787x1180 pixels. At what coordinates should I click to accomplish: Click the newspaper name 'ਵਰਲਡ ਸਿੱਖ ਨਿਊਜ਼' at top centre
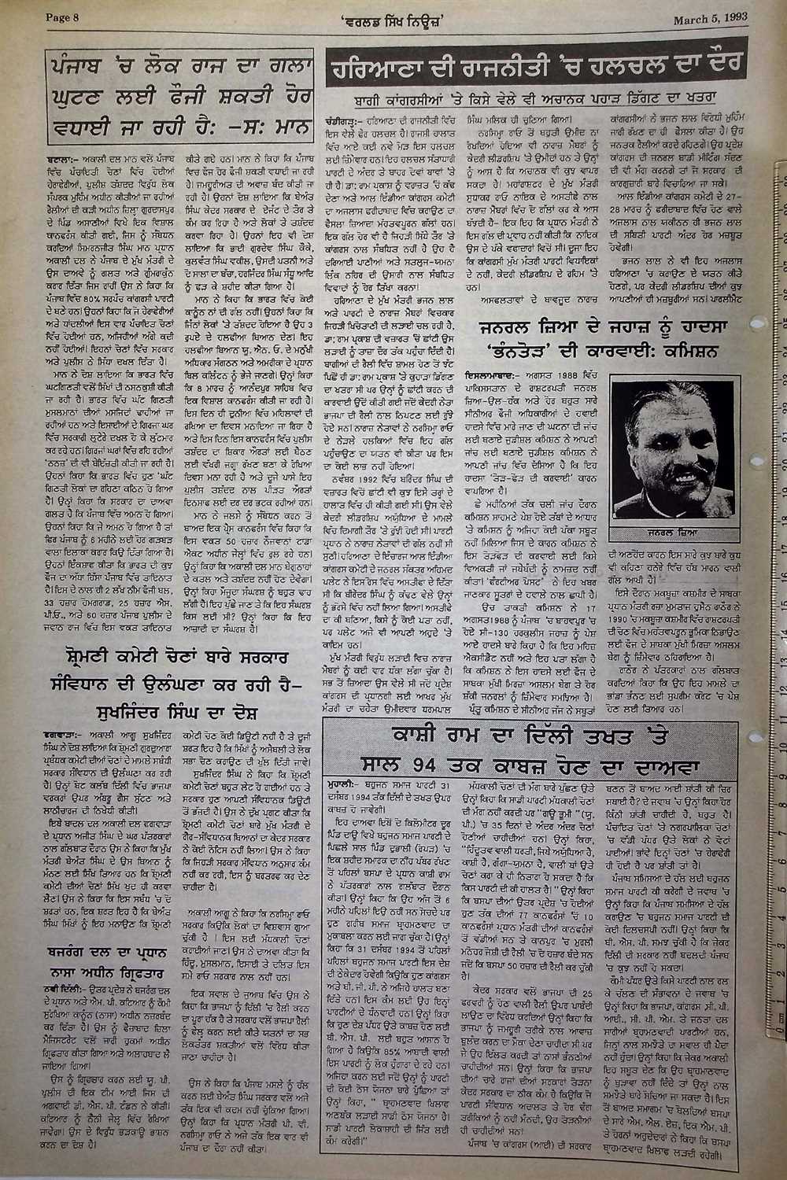pyautogui.click(x=390, y=18)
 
